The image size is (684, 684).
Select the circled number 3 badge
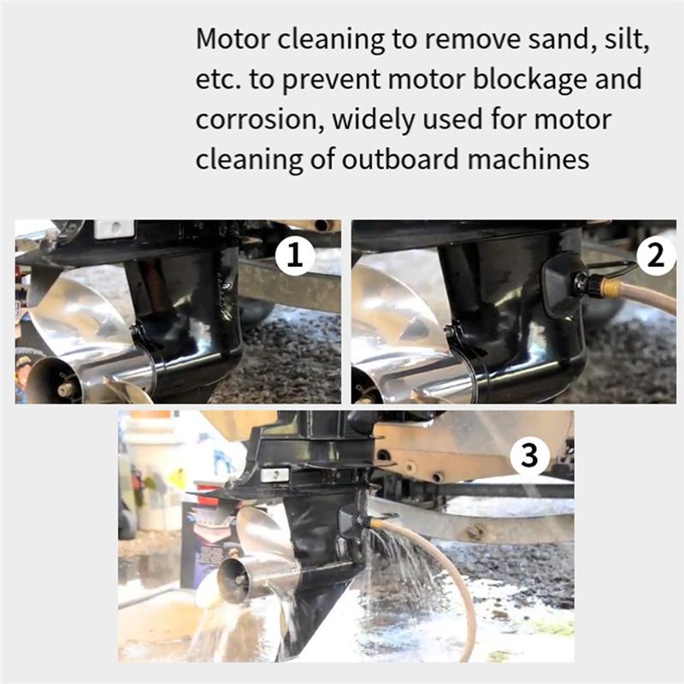(x=530, y=457)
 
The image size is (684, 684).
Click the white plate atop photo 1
(x=114, y=229)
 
